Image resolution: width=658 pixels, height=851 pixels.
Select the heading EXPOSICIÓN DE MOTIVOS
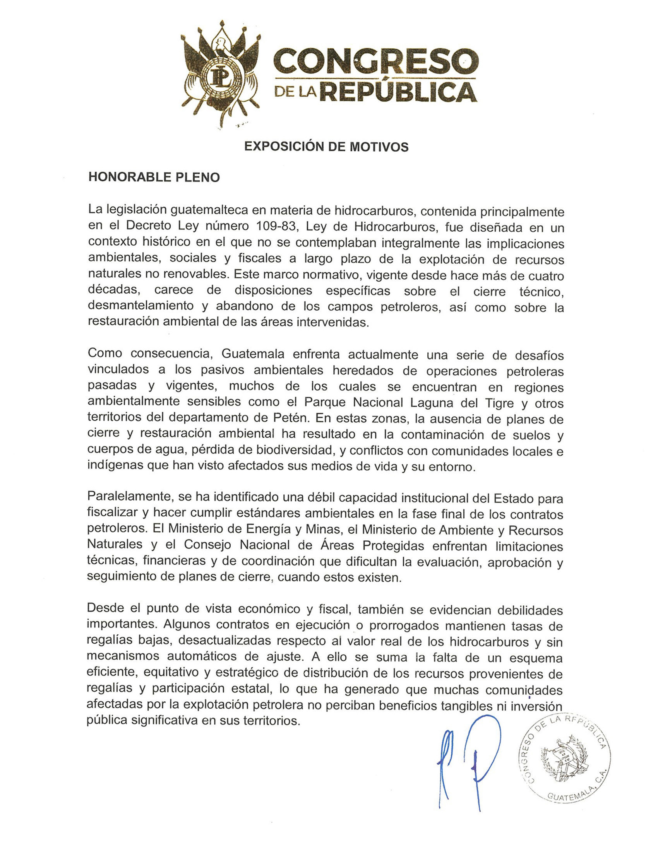pos(326,147)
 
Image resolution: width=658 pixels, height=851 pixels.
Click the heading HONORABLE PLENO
pos(154,177)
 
